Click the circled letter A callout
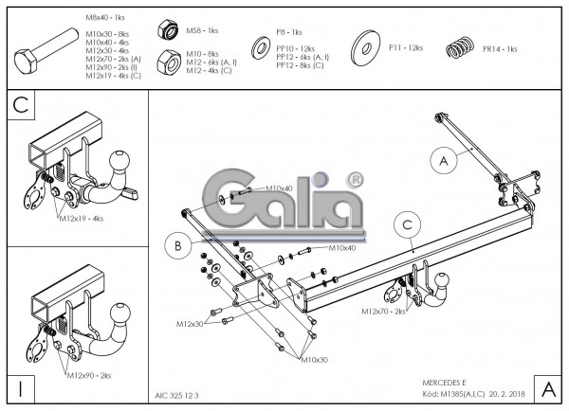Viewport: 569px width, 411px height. (441, 162)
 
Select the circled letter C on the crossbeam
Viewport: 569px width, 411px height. (406, 224)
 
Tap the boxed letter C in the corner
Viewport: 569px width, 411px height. (19, 106)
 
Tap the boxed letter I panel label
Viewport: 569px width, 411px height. (19, 388)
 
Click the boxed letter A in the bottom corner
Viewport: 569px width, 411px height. (548, 388)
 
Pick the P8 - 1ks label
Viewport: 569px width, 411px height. (290, 32)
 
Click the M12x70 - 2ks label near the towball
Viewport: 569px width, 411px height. (383, 311)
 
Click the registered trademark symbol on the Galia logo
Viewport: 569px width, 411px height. (355, 177)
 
